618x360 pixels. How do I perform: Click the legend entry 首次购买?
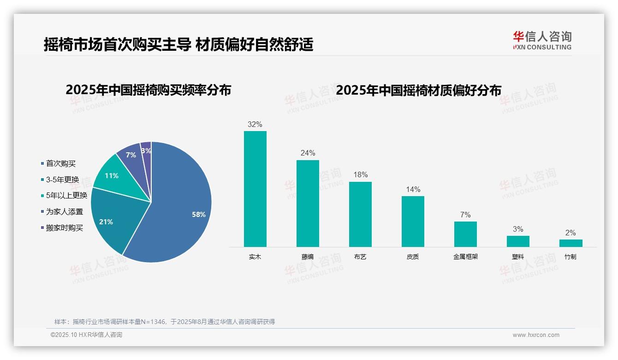click(60, 163)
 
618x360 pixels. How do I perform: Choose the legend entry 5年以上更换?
click(66, 195)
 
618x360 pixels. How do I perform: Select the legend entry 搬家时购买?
click(64, 228)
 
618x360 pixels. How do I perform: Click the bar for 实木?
click(255, 189)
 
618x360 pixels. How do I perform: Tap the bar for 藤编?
click(308, 203)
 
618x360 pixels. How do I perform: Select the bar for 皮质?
click(413, 221)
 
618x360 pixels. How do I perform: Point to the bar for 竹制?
click(570, 243)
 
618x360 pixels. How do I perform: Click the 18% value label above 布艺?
click(360, 175)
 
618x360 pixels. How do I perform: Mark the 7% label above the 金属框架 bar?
click(465, 215)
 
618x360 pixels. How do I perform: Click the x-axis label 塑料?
click(518, 257)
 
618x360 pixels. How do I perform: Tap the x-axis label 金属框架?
click(465, 257)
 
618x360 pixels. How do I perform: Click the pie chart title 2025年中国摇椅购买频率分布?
click(148, 90)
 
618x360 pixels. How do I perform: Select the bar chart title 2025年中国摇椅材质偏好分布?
click(418, 90)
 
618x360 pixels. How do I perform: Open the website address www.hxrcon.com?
click(536, 335)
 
